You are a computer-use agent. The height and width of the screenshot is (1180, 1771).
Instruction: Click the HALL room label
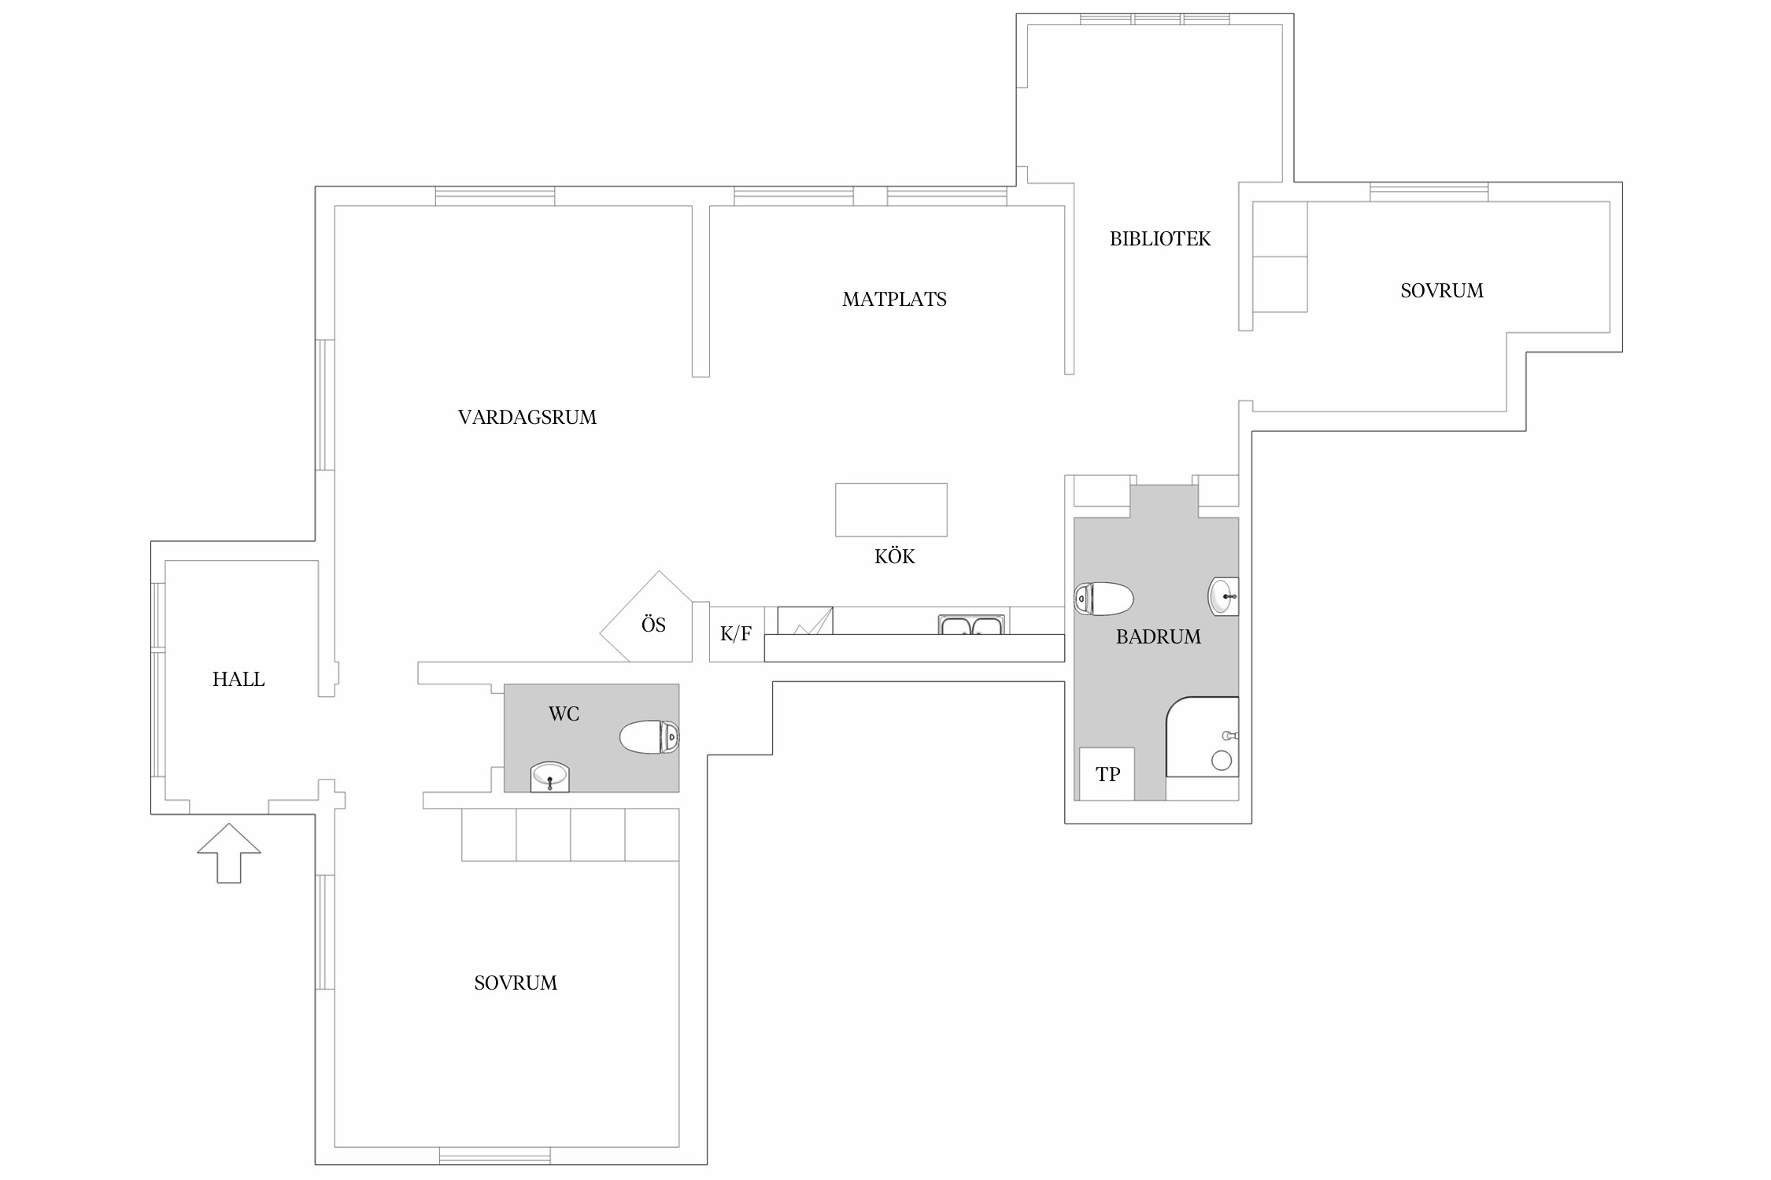coord(238,679)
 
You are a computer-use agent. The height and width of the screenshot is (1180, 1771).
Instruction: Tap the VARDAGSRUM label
coord(527,417)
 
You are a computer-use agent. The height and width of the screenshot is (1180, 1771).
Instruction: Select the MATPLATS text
coord(894,299)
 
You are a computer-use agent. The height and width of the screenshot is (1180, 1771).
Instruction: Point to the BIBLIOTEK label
coord(1160,238)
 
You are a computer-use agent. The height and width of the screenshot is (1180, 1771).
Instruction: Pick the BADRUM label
coord(1159,636)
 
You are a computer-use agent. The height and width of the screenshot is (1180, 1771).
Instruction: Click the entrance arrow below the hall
coord(229,853)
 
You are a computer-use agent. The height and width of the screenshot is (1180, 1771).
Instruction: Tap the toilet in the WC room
coord(649,737)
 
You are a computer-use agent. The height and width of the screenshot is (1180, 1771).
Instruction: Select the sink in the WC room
coord(549,776)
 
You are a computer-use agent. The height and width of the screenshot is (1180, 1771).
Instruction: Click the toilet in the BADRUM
coord(1104,599)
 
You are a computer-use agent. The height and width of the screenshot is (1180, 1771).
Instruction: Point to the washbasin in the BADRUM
coord(1223,596)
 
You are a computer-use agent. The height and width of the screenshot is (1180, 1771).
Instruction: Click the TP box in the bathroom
coord(1107,774)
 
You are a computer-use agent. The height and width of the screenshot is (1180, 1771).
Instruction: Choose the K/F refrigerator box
coord(736,634)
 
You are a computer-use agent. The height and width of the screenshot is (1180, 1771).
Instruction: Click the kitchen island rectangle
coord(891,510)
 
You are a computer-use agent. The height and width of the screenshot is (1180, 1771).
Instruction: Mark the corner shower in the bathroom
coord(1202,737)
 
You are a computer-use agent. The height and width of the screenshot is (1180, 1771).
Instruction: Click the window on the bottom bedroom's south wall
coord(494,1156)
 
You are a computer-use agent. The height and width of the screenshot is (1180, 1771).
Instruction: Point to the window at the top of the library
coord(1155,19)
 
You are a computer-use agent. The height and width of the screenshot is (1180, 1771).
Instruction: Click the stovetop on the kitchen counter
coord(805,621)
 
